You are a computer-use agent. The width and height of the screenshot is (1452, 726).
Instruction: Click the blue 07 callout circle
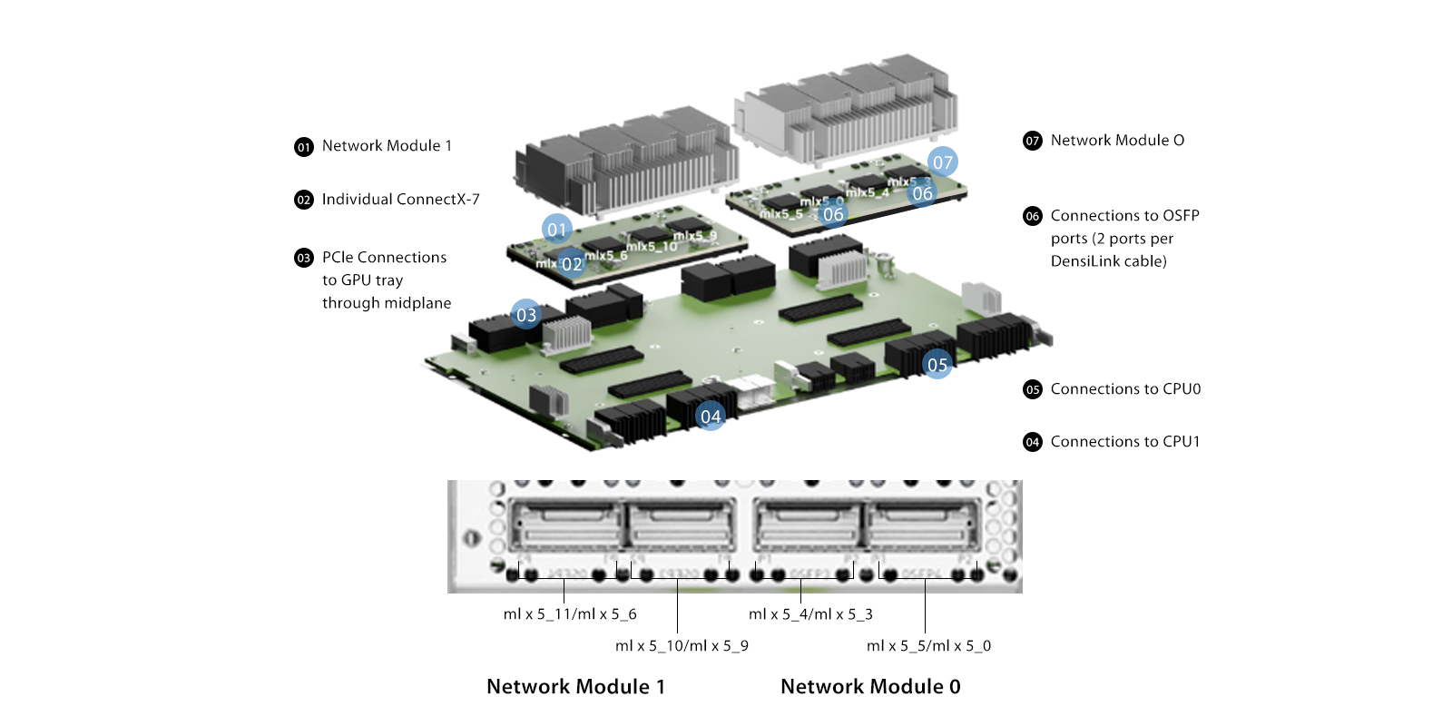click(943, 162)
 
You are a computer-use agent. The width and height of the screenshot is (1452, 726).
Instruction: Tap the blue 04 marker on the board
click(711, 416)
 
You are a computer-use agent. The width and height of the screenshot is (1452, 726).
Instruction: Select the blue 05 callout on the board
click(937, 365)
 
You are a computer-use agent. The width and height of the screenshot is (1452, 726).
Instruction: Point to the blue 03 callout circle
click(526, 315)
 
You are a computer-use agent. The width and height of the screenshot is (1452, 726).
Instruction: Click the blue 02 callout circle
click(572, 264)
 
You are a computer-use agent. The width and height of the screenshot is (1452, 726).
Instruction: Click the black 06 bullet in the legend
click(1033, 216)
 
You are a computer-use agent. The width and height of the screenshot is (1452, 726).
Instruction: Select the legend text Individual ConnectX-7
click(400, 200)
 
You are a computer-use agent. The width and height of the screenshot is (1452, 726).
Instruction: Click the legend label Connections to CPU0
click(1125, 389)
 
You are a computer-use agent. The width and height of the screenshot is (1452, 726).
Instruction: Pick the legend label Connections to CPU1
click(1125, 442)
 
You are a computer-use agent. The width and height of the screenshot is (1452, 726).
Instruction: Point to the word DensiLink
click(1083, 261)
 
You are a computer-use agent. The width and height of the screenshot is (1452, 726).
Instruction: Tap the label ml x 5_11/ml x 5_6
click(570, 614)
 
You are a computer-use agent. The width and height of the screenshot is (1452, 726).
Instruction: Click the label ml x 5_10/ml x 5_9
click(682, 646)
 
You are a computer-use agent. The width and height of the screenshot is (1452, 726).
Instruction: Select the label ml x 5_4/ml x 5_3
click(810, 614)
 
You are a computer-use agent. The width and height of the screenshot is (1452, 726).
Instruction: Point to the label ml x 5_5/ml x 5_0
click(928, 646)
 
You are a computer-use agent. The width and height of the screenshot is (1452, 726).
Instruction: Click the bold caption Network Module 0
click(870, 687)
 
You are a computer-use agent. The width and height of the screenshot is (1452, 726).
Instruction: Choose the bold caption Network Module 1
click(575, 687)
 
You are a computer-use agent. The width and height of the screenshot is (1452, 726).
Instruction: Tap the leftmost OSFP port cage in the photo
click(565, 526)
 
